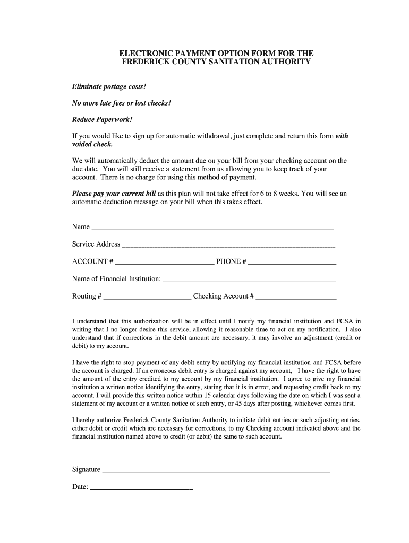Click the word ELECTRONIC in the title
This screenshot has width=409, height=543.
click(x=145, y=53)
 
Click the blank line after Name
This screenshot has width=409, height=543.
click(x=212, y=228)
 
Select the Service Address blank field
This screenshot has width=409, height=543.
click(x=228, y=245)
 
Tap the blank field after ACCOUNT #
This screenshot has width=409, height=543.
click(x=165, y=262)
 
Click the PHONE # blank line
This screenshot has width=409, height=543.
click(x=292, y=262)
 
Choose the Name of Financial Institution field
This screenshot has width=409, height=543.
click(x=249, y=279)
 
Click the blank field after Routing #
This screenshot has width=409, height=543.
click(x=147, y=297)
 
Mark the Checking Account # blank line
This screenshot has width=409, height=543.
click(x=296, y=297)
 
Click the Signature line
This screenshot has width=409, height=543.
click(x=216, y=470)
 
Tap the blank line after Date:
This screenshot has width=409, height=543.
click(x=141, y=487)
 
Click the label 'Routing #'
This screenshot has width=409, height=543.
click(x=87, y=296)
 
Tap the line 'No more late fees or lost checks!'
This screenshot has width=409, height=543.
click(x=122, y=103)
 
